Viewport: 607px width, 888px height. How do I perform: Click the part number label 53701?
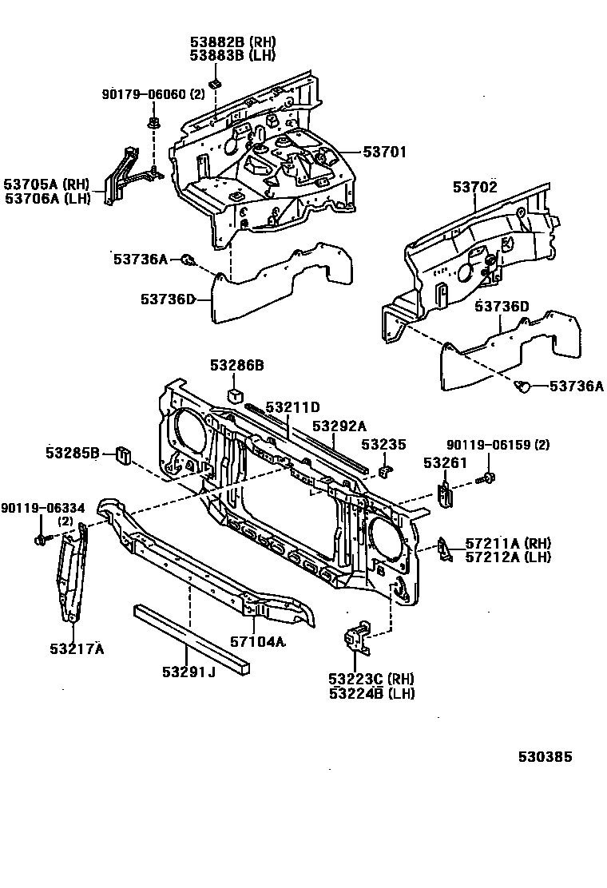pos(385,152)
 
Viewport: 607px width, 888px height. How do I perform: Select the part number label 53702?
pos(475,187)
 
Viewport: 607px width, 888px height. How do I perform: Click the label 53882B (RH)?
pos(232,41)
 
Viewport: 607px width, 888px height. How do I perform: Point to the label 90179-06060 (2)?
pos(154,94)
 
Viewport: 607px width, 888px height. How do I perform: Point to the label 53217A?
pos(77,648)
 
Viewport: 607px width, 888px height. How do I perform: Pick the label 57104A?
pos(258,641)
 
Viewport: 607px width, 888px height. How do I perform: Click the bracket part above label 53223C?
pos(355,638)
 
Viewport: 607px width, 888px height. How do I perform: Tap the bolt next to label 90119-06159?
pos(485,479)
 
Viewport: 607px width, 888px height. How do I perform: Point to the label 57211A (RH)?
pos(508,543)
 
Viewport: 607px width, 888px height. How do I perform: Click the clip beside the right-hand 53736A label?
pos(523,387)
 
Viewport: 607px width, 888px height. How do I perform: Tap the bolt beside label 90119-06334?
pos(40,541)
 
